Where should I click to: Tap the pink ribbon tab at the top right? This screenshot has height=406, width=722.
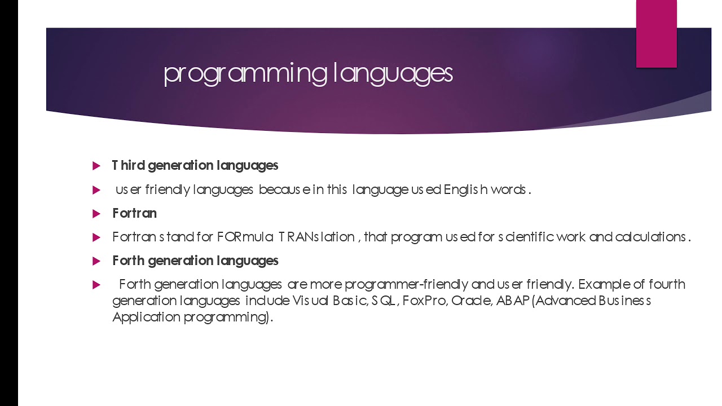656,33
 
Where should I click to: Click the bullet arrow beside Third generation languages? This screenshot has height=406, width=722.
96,166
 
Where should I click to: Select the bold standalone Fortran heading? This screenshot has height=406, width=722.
134,213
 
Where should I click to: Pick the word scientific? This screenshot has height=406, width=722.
530,237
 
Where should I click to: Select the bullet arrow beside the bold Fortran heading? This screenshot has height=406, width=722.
96,214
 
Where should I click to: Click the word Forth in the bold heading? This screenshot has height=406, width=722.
129,261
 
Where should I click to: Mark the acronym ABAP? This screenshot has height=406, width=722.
513,301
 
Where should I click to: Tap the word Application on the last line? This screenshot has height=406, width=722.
146,317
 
